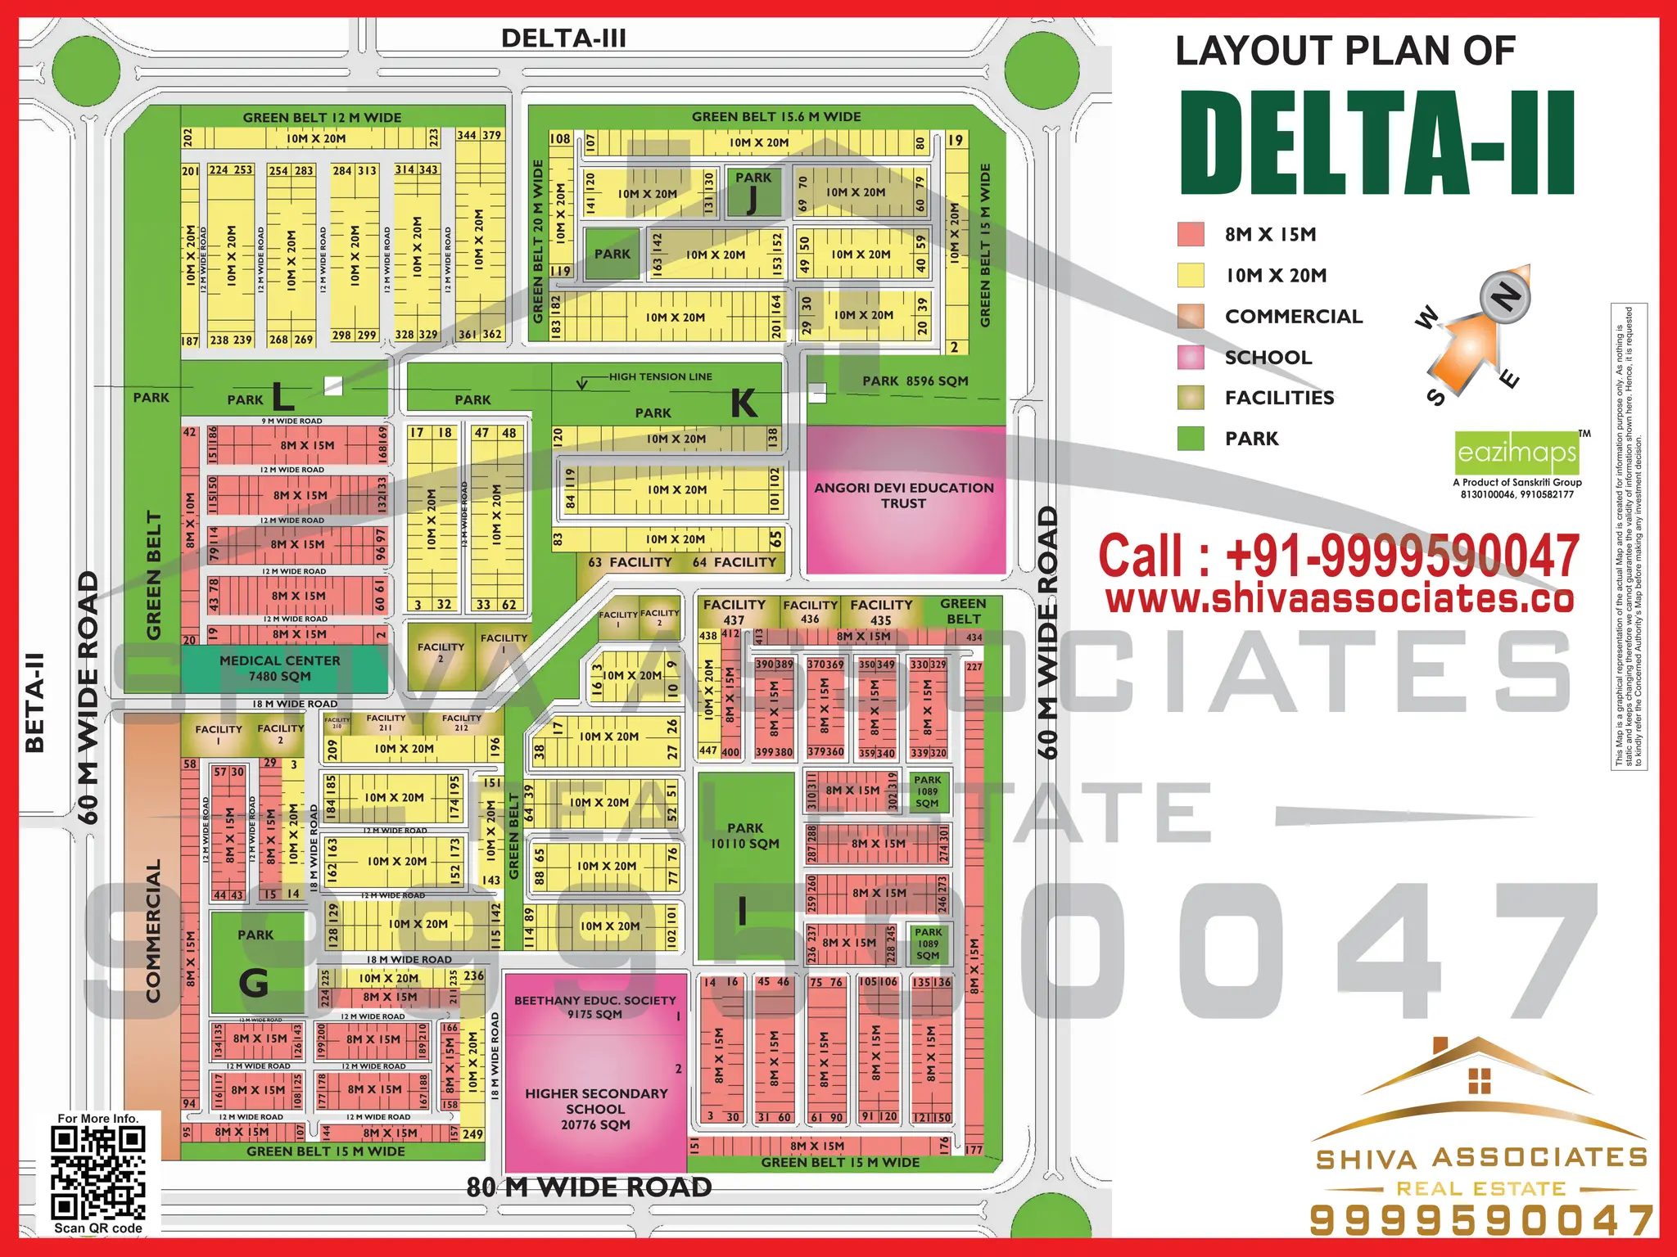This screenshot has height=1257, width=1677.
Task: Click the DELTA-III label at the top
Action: [563, 38]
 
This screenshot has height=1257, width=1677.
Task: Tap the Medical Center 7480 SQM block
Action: [280, 668]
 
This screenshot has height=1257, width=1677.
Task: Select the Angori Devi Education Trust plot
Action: [904, 496]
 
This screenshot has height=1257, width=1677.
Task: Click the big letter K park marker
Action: [744, 403]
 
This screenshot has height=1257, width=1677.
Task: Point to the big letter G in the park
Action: [253, 982]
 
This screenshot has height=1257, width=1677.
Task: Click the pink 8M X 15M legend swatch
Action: [1191, 234]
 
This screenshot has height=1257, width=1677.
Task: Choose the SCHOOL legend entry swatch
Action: [1191, 357]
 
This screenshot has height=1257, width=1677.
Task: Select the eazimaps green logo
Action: [1517, 453]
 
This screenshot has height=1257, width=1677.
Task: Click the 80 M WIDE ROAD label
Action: [590, 1187]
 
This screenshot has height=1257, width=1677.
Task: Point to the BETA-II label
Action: [34, 702]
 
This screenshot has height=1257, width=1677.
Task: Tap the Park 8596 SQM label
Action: [915, 381]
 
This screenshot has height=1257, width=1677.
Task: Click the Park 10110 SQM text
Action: [744, 836]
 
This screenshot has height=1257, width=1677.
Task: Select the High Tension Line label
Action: [660, 376]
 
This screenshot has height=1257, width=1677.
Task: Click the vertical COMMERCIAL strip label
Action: [153, 930]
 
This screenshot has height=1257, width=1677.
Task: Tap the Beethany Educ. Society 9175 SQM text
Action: [595, 1007]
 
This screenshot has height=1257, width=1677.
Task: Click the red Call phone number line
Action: [1338, 556]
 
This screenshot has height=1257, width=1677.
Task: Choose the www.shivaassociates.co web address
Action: [1339, 598]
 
